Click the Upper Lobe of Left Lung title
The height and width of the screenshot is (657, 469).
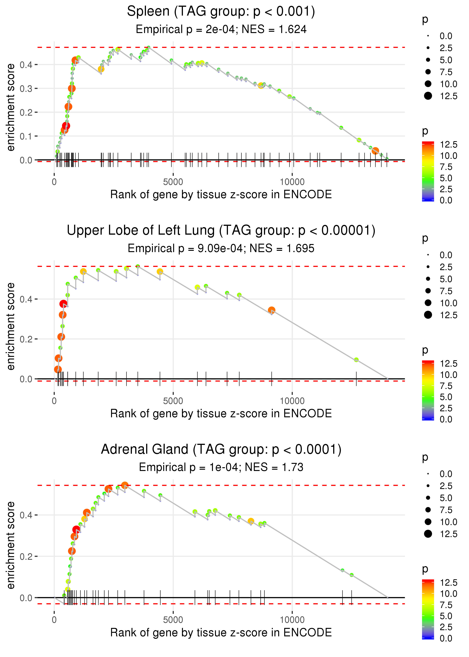(x=221, y=231)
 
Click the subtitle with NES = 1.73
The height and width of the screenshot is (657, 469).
(x=221, y=467)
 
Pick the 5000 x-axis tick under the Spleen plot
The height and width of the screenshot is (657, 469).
(x=173, y=182)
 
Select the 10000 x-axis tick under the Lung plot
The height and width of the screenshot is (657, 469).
(x=292, y=401)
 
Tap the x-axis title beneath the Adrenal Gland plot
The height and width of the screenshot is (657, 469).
(x=221, y=633)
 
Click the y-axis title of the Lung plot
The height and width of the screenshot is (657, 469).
(x=11, y=326)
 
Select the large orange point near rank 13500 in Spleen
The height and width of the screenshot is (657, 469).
(x=375, y=151)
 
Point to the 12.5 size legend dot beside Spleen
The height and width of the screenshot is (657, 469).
(x=428, y=96)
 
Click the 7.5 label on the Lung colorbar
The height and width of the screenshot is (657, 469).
(x=446, y=386)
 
